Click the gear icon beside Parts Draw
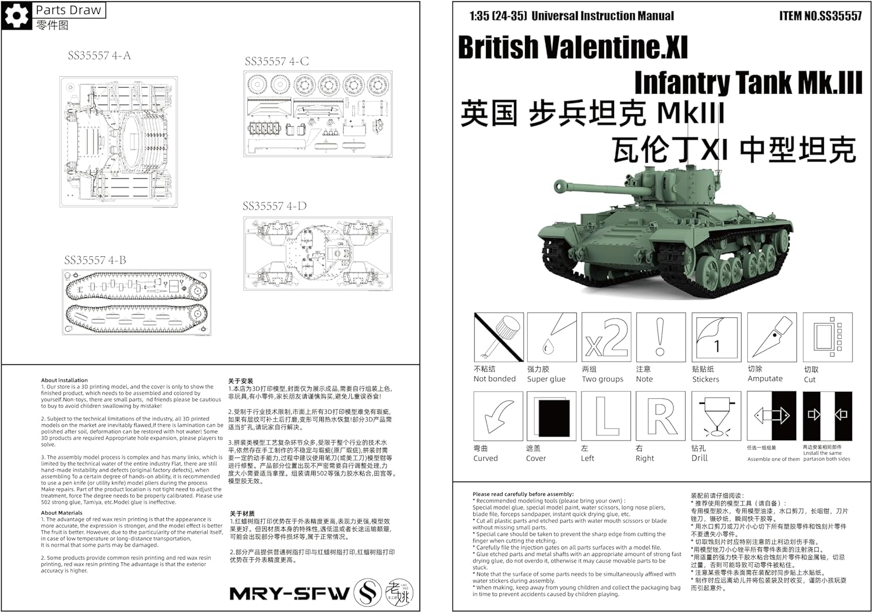pyautogui.click(x=16, y=15)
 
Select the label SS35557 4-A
pyautogui.click(x=99, y=56)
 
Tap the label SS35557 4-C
pyautogui.click(x=276, y=62)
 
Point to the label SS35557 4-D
pyautogui.click(x=274, y=207)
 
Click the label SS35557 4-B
pyautogui.click(x=95, y=260)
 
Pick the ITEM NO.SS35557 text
pyautogui.click(x=820, y=16)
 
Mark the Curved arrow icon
pyautogui.click(x=498, y=416)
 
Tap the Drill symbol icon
pyautogui.click(x=716, y=416)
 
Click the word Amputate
pyautogui.click(x=765, y=379)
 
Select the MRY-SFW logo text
pyautogui.click(x=289, y=594)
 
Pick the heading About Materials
pyautogui.click(x=62, y=513)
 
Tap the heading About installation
pyautogui.click(x=65, y=380)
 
